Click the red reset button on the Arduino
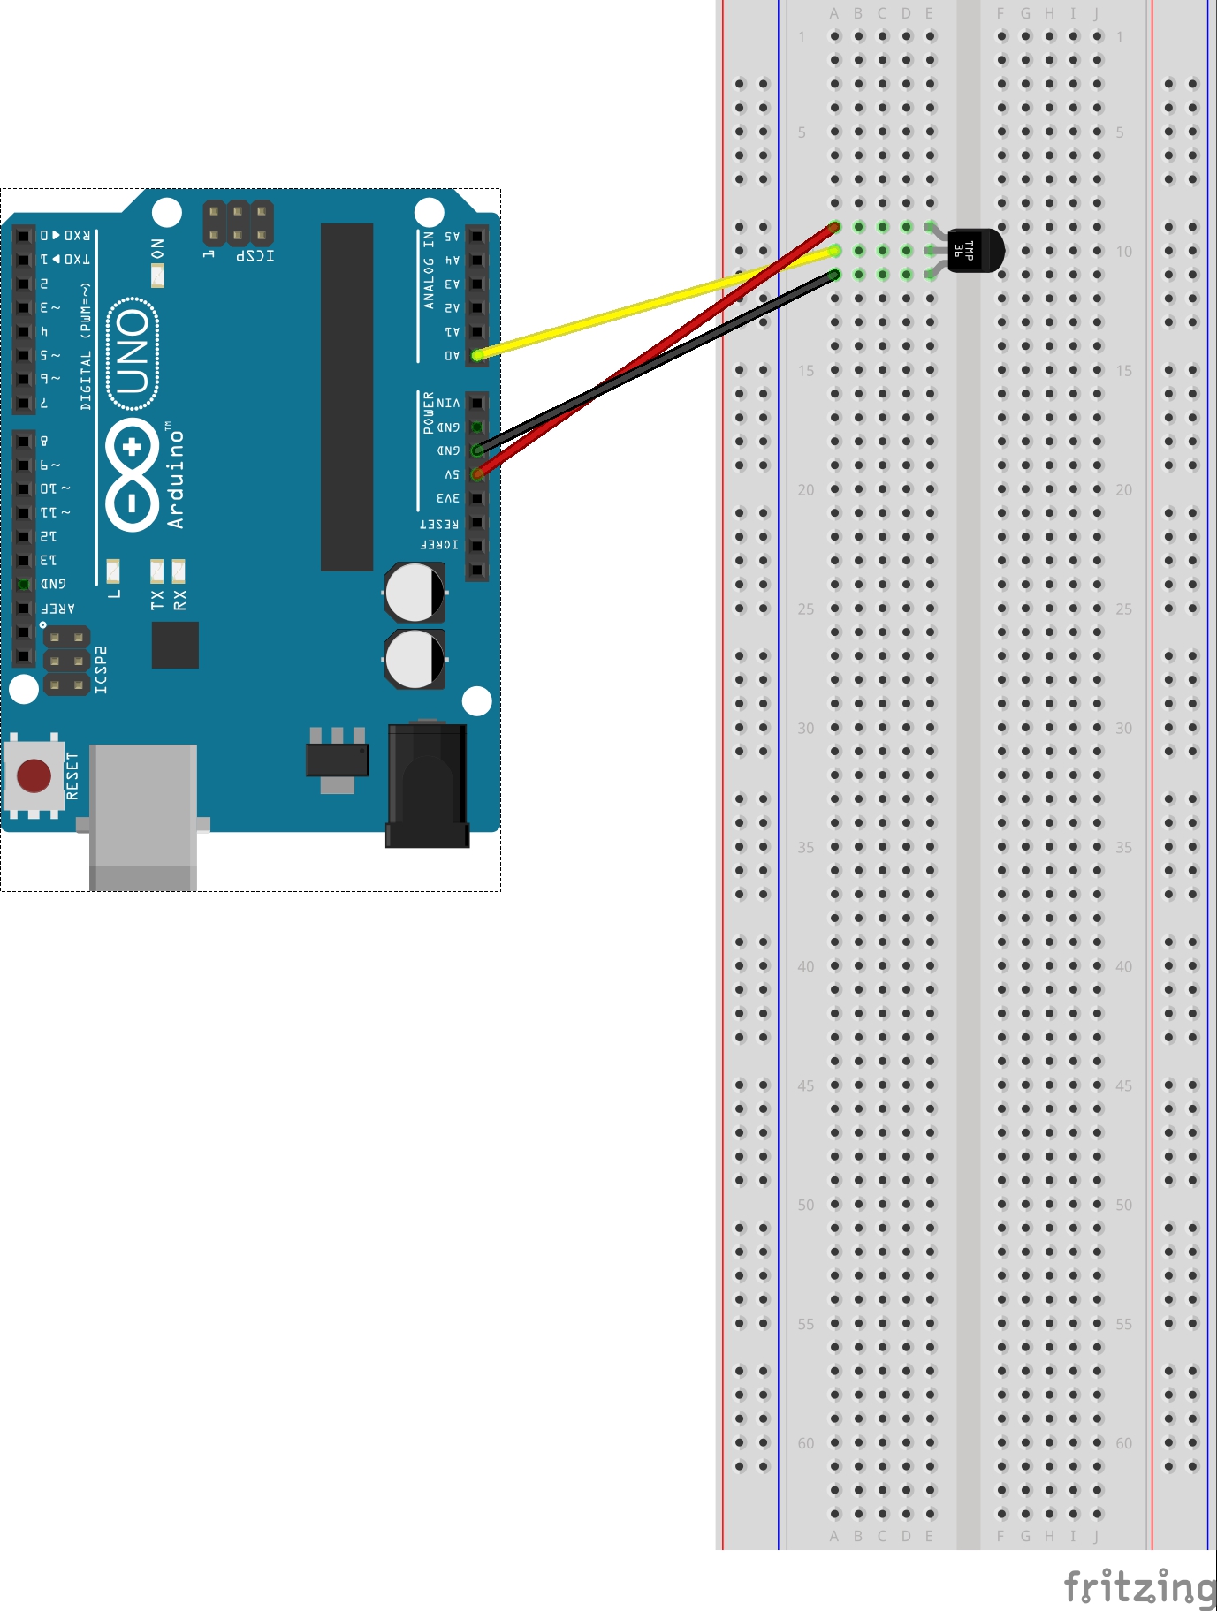coord(34,775)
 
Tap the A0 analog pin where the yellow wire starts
coord(476,355)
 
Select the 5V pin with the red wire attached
coord(476,474)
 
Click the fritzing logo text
coord(1139,1586)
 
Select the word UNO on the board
coord(133,353)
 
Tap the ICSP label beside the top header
coord(255,256)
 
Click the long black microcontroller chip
coord(346,397)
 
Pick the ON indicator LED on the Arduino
coord(157,276)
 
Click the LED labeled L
coord(113,571)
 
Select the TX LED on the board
coord(156,571)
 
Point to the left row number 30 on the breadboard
coord(805,729)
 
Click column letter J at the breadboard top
coord(1096,13)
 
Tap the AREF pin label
coord(58,608)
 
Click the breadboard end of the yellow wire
coord(834,252)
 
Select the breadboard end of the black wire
coord(834,276)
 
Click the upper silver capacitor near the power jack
coord(414,593)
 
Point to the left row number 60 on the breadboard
coord(805,1443)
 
